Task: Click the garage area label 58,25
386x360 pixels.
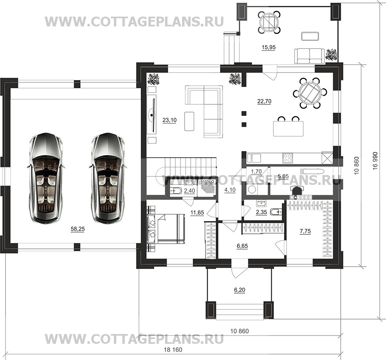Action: (78, 229)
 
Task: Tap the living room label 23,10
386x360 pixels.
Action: (170, 120)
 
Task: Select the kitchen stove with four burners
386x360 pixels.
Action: (287, 158)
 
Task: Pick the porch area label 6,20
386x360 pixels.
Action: (240, 290)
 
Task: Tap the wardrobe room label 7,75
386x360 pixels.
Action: (305, 231)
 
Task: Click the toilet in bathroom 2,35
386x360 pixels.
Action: (276, 212)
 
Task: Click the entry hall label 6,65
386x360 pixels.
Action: (242, 246)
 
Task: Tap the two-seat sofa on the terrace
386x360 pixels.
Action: (310, 56)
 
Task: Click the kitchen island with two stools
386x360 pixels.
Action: (288, 127)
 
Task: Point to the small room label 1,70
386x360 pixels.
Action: (256, 171)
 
